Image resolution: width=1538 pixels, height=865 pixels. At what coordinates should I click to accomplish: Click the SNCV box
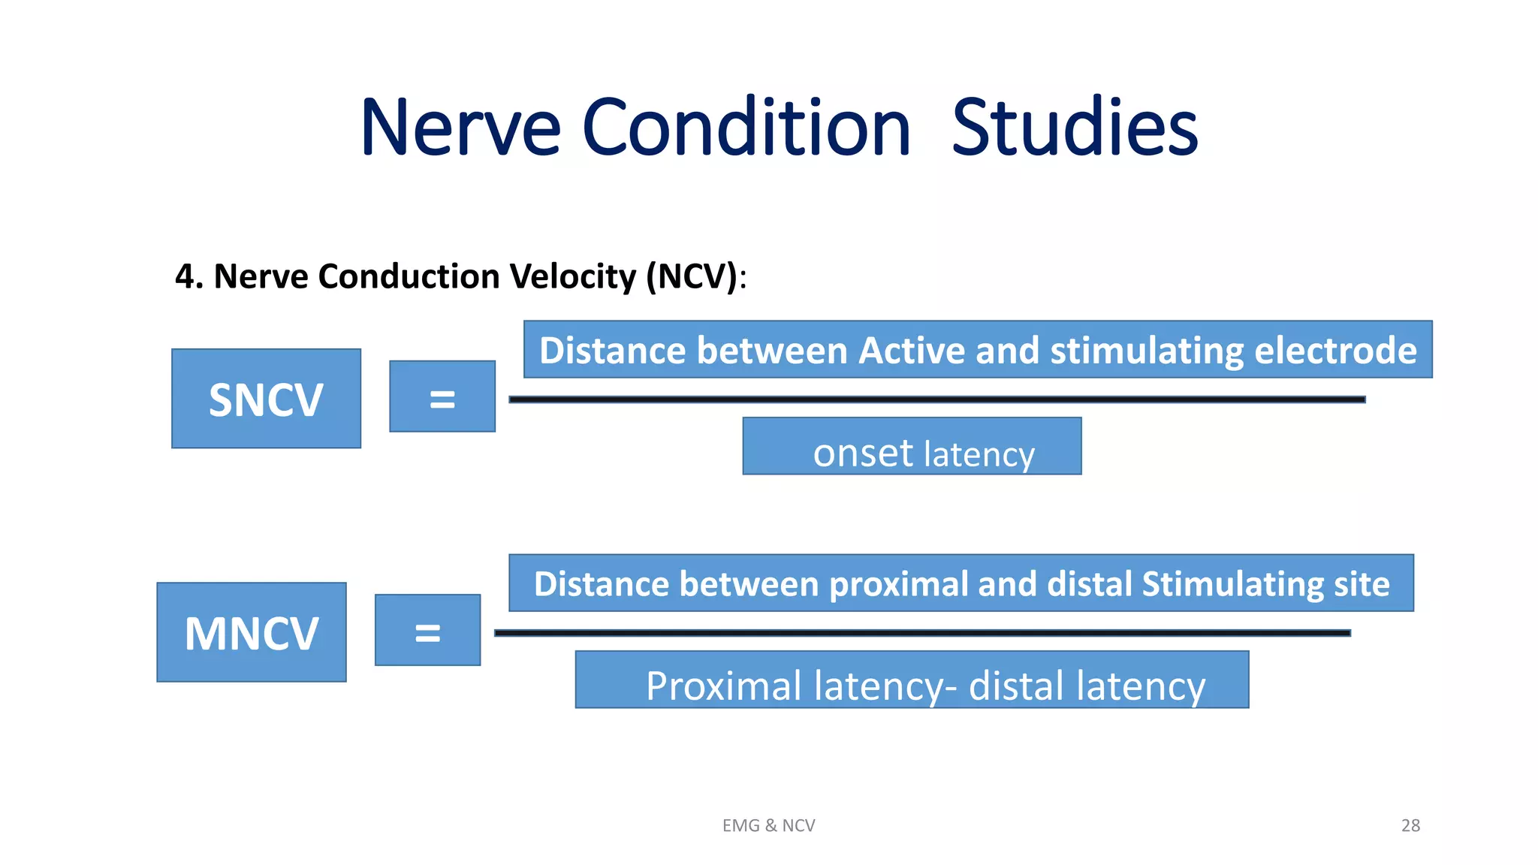click(x=266, y=399)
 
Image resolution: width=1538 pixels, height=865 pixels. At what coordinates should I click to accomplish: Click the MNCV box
click(x=252, y=632)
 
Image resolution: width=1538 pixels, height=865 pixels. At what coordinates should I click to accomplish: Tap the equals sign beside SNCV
click(x=442, y=397)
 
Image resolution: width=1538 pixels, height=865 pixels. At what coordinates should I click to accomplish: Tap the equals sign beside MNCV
click(x=427, y=631)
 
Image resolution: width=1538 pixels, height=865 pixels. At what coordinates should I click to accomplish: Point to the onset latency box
click(x=912, y=447)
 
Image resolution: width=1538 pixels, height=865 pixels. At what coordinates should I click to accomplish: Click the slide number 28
click(x=1410, y=825)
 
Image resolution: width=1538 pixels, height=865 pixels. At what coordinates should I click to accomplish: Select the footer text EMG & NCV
click(x=768, y=825)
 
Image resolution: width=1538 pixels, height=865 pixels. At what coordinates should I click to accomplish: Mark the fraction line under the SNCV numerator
click(x=936, y=399)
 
